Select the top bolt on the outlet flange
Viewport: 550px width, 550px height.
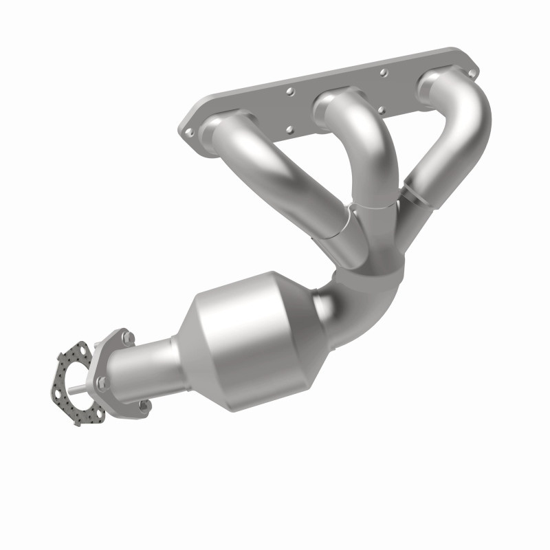[126, 337]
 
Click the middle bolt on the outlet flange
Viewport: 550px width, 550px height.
[102, 382]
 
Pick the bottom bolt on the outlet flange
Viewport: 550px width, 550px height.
[144, 406]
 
